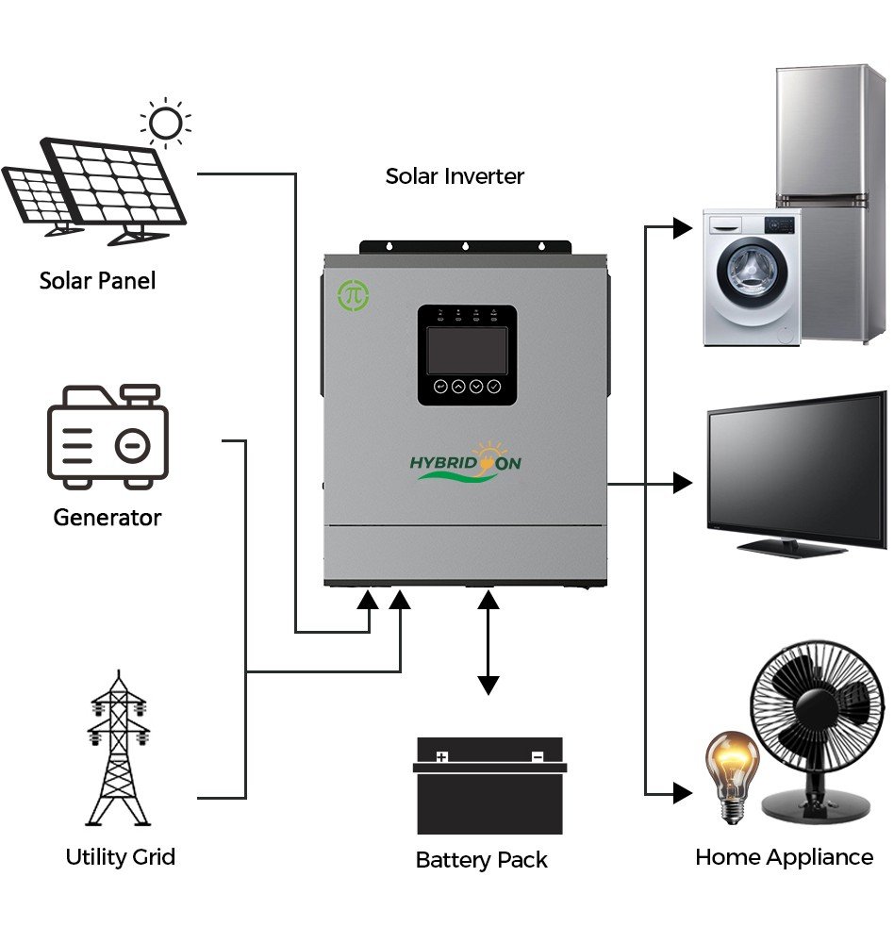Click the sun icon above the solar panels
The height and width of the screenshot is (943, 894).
[x=166, y=123]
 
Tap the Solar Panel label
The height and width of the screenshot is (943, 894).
[x=97, y=280]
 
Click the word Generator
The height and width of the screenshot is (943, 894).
[x=108, y=517]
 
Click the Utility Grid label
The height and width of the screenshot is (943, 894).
[x=120, y=857]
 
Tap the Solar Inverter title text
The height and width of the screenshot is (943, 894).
[x=455, y=175]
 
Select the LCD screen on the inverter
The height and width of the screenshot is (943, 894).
[x=467, y=348]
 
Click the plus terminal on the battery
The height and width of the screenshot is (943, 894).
[x=441, y=756]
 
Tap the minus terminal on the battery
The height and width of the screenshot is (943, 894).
[x=537, y=756]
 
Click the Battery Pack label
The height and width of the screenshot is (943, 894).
[x=481, y=860]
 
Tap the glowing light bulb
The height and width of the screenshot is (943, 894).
[x=733, y=769]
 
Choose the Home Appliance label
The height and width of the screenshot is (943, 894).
[x=784, y=857]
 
